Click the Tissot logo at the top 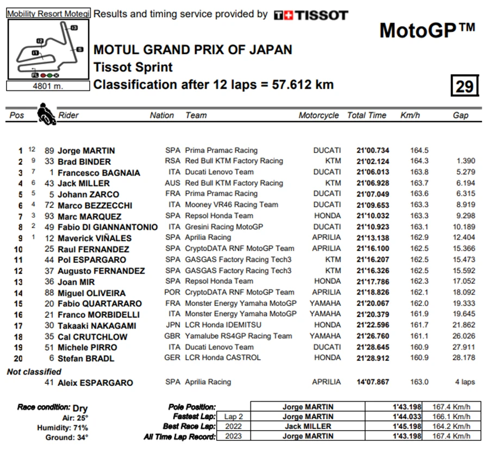(x=310, y=15)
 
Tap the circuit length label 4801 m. (x=48, y=85)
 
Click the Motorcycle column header (x=318, y=115)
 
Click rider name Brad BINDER (x=84, y=162)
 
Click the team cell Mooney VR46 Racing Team (x=231, y=205)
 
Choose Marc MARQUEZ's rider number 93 (x=50, y=216)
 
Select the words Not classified (x=34, y=371)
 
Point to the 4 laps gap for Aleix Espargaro (x=465, y=382)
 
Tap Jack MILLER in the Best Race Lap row (x=308, y=426)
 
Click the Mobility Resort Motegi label (x=48, y=14)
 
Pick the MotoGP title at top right (x=427, y=30)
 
